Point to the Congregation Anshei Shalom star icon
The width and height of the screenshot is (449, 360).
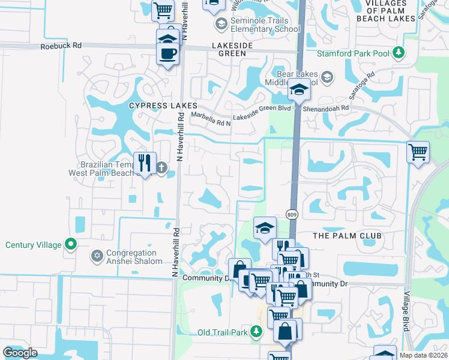96,257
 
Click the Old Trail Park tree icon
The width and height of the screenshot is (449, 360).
256,331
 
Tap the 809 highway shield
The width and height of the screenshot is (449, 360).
292,215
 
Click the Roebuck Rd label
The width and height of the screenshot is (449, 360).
61,46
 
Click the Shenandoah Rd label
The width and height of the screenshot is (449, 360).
328,107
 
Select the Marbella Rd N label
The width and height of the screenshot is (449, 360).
211,116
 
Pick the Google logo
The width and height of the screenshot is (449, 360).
20,353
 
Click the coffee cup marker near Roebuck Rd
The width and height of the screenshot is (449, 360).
167,53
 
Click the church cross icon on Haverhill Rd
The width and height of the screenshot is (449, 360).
161,167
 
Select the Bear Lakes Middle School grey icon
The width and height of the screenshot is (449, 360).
327,77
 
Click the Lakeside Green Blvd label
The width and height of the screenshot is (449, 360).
262,109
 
